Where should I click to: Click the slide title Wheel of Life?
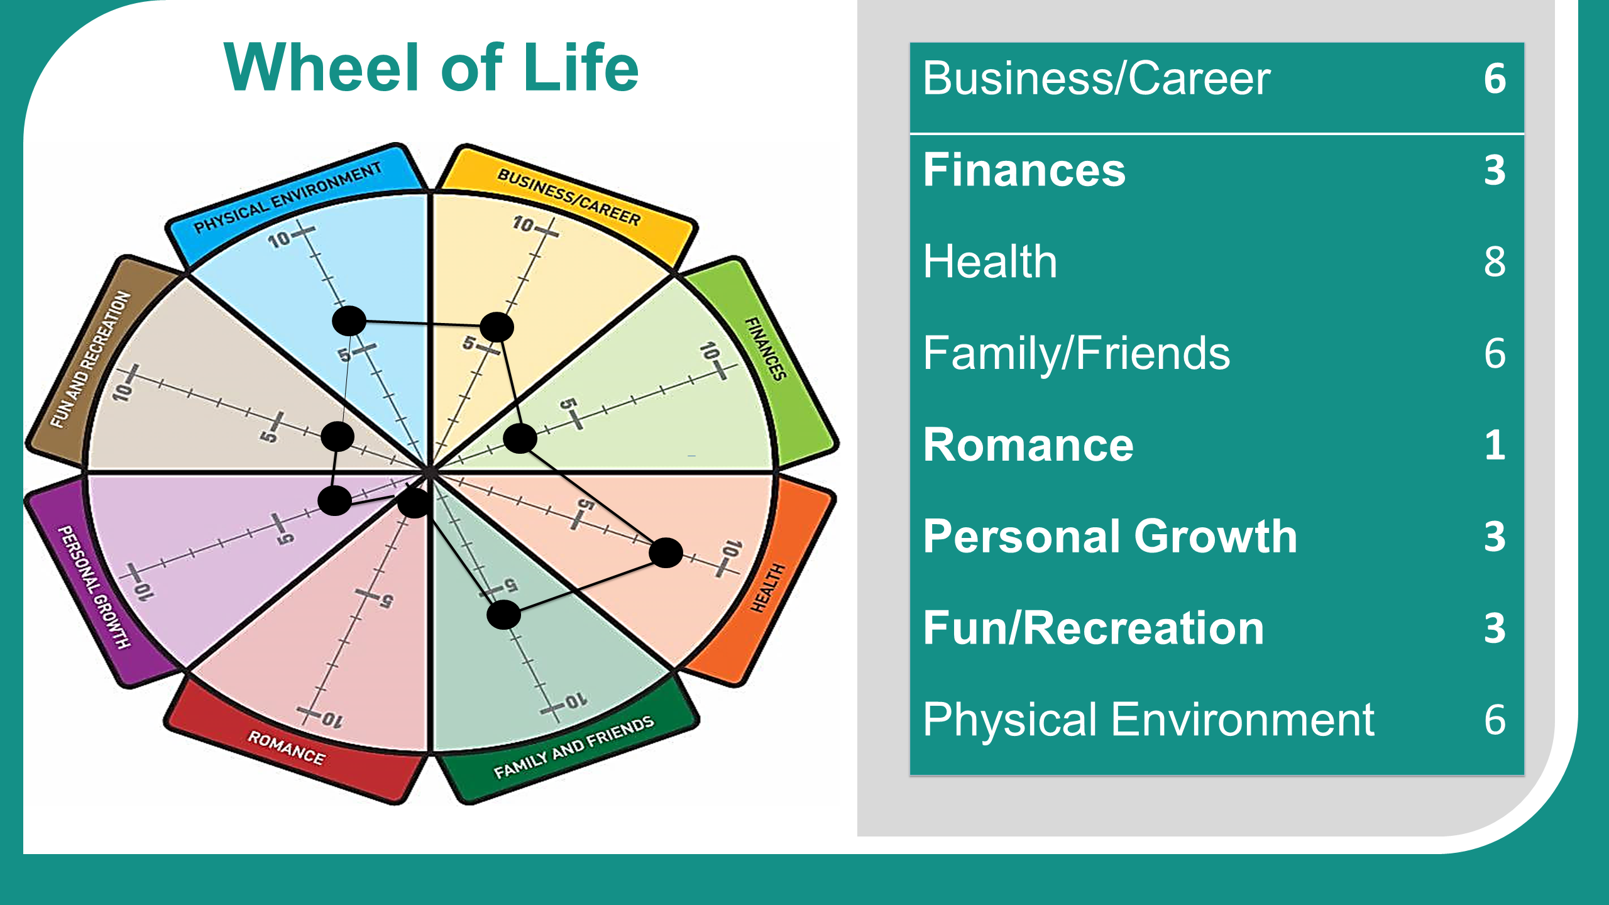(x=431, y=67)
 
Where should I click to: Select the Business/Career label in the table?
(x=1097, y=79)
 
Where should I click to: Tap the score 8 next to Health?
(x=1495, y=261)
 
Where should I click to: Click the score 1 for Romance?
(x=1496, y=445)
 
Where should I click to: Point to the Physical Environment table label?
(x=1149, y=720)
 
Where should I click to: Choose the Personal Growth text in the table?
(x=1110, y=537)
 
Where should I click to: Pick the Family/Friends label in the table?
(x=1077, y=353)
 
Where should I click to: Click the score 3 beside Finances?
(x=1495, y=170)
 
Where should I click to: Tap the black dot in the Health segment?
(x=666, y=552)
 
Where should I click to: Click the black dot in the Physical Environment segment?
(x=349, y=321)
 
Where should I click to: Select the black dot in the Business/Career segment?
(x=497, y=327)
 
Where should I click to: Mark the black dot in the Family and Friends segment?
(x=503, y=614)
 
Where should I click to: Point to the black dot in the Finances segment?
(x=520, y=438)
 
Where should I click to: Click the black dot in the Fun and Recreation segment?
(x=338, y=436)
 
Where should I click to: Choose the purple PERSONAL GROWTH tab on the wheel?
(x=94, y=584)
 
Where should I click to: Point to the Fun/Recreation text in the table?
(x=1094, y=628)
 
